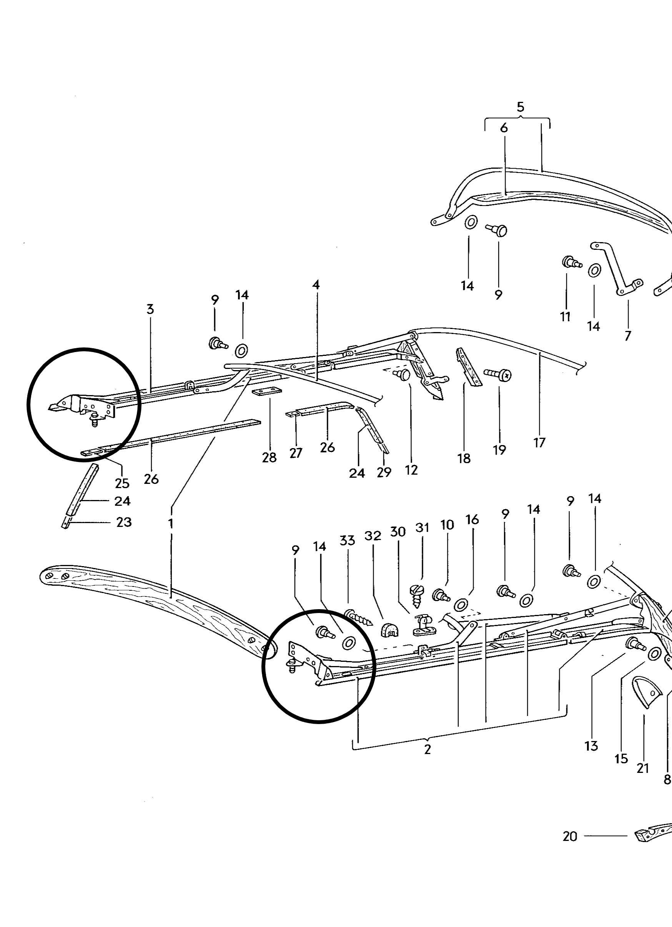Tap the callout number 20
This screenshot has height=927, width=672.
pos(570,837)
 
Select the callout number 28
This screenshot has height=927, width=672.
pos(269,457)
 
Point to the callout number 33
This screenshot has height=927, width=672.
pos(347,541)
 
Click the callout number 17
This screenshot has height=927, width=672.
pos(540,442)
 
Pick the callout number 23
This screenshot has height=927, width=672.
pos(124,522)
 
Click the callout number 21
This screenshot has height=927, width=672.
pos(643,768)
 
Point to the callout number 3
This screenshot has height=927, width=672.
pos(150,309)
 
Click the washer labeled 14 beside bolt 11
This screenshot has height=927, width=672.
pos(594,270)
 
